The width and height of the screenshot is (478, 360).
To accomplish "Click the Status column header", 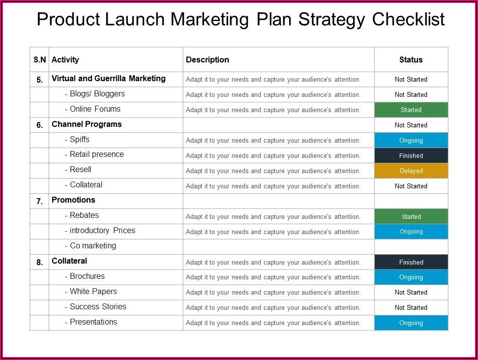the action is (x=411, y=60).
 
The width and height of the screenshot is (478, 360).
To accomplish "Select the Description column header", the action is (x=208, y=60).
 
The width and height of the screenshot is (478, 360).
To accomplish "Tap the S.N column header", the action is (x=40, y=60).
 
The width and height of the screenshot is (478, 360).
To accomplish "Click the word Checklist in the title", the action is (x=408, y=19).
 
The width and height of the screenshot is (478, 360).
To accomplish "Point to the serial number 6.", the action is (x=40, y=125).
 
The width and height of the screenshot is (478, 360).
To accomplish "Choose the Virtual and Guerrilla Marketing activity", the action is (x=109, y=78).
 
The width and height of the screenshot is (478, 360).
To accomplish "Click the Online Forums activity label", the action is (x=95, y=109).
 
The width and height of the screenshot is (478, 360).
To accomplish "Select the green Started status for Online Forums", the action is (x=411, y=110).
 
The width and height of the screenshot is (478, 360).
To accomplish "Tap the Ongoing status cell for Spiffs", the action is (x=411, y=140).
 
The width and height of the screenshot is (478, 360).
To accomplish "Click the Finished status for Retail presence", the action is (x=411, y=155).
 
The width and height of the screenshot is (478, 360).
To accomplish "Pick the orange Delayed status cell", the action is (x=411, y=171).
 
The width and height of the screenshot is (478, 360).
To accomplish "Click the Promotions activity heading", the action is (x=73, y=200).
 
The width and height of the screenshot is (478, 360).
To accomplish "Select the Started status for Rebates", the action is (x=411, y=216).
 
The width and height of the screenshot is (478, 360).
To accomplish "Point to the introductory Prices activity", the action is (x=102, y=231).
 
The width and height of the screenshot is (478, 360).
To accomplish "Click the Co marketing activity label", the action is (x=93, y=246).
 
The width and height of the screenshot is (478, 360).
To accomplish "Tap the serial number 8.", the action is (x=40, y=262).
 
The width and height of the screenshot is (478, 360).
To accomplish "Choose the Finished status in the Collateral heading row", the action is (x=411, y=262).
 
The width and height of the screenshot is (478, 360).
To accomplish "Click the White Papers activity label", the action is (x=93, y=292).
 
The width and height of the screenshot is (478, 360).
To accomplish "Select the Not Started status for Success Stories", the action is (x=411, y=307).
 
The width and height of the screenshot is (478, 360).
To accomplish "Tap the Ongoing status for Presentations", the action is (x=411, y=323).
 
